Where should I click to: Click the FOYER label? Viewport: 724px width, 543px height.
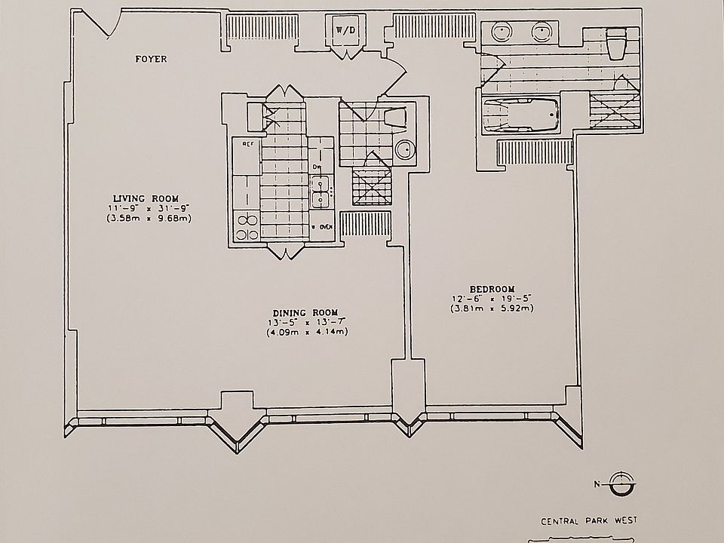click(151, 59)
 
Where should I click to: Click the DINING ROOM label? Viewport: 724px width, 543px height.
click(305, 313)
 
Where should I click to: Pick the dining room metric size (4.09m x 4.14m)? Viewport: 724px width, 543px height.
click(305, 333)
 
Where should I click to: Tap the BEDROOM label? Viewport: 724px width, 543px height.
click(492, 289)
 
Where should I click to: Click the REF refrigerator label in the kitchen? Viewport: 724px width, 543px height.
click(247, 142)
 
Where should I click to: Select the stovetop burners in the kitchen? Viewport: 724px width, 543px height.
click(247, 226)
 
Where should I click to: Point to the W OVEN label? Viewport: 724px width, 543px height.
click(321, 226)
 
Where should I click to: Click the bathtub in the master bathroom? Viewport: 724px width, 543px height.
click(520, 116)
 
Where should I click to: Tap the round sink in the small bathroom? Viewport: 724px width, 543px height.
click(405, 150)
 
